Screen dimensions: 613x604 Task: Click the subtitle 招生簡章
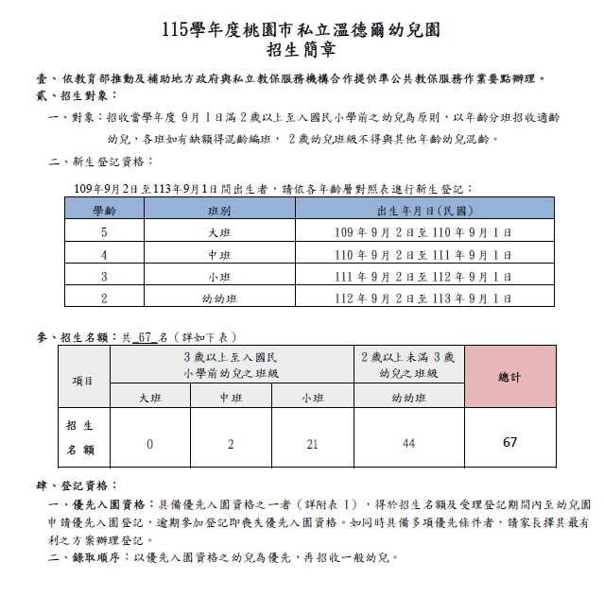tap(301, 51)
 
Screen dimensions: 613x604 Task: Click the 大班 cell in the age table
tap(218, 233)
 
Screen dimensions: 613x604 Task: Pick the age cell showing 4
tap(105, 255)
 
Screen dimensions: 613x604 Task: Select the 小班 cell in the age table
tap(218, 277)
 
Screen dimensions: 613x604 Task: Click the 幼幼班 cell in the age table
tap(218, 298)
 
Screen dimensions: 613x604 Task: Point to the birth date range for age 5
tap(423, 233)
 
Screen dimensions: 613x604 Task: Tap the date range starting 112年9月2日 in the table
tap(423, 298)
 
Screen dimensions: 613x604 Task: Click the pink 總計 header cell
tap(509, 377)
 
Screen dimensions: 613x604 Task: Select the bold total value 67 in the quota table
tap(509, 442)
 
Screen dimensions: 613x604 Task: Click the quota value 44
tap(409, 443)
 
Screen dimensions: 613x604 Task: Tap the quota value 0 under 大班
tap(149, 443)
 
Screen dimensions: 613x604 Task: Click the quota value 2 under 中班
tap(231, 443)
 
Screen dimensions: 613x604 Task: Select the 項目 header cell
tap(83, 380)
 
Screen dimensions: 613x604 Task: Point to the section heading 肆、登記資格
tap(77, 485)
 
